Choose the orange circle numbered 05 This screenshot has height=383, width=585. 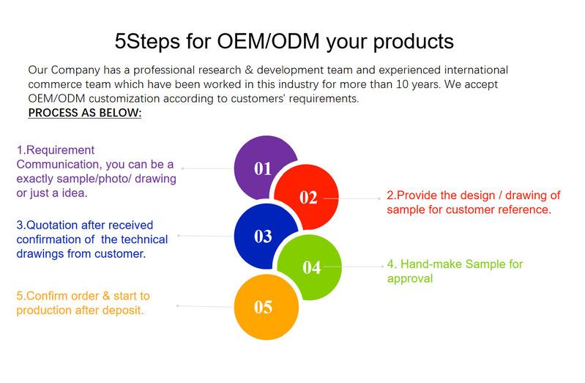(x=267, y=308)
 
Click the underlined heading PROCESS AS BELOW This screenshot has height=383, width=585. (x=85, y=113)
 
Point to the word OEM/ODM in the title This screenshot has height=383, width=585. (x=268, y=41)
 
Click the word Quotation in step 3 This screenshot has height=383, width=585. (x=52, y=225)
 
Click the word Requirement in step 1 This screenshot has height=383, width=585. (x=61, y=150)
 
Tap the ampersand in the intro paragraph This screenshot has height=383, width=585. (x=249, y=70)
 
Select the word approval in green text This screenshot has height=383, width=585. (x=410, y=279)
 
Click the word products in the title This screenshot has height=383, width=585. (x=414, y=42)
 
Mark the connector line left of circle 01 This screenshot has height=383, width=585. (x=208, y=168)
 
